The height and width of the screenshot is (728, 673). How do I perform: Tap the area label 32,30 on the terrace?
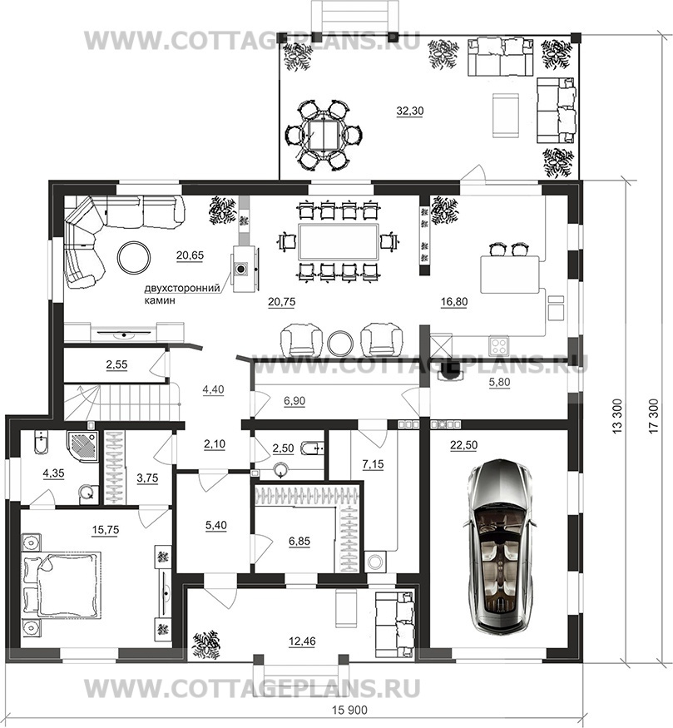tap(410, 111)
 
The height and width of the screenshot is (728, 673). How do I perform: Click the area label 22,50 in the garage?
tap(463, 445)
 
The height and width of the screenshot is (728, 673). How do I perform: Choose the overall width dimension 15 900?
tap(349, 711)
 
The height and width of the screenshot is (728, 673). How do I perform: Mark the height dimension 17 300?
tap(654, 416)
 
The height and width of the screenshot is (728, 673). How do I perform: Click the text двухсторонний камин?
tap(181, 294)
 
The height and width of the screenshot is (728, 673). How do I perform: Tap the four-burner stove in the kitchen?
tap(499, 345)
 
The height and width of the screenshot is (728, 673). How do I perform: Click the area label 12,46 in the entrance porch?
tap(302, 641)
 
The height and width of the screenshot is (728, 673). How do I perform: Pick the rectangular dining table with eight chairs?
tap(339, 242)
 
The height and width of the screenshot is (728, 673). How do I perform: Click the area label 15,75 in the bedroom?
tap(106, 530)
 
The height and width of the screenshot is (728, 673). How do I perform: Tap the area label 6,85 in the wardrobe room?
tap(299, 541)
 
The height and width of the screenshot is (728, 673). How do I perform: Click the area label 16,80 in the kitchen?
tap(454, 302)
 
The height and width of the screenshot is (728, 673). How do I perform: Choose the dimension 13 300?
tap(618, 416)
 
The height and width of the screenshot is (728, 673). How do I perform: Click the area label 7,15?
tap(374, 463)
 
